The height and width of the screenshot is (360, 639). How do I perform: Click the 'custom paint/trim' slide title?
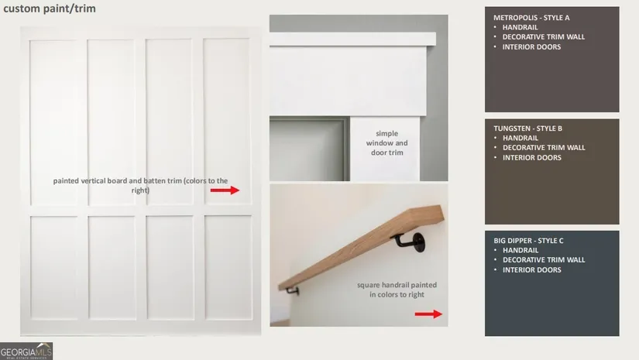coord(50,9)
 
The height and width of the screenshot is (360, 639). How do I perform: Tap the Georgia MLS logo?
coord(26,351)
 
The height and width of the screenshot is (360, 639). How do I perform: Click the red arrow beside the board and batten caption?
coord(225,190)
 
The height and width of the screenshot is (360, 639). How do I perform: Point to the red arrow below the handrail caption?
coord(428,314)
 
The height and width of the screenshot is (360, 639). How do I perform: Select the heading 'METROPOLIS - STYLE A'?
coord(531,18)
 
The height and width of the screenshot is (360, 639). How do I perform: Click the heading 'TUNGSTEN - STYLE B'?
coord(527,129)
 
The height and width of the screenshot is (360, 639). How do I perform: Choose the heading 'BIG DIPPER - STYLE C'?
coord(528,241)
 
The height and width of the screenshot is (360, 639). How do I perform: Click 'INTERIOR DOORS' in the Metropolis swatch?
coord(531,46)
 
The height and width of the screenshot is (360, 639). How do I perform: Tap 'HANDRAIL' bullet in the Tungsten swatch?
coord(520,138)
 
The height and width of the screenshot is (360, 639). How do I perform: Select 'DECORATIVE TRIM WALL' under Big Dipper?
coord(544,260)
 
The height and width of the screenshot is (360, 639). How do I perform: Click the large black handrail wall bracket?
coord(411,242)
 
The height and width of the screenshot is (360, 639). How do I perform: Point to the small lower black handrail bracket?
coord(293,291)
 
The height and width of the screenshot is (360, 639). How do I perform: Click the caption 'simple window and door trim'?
coord(386,143)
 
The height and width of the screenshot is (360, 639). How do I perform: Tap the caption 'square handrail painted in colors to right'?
coord(397,290)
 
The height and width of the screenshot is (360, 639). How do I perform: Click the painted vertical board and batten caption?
coord(140,185)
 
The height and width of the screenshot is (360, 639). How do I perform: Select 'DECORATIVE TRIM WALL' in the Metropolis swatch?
coord(543,36)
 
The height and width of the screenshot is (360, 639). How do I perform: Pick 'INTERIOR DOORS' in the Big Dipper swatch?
coord(531,269)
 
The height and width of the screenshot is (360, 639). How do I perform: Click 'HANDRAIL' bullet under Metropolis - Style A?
coord(520,27)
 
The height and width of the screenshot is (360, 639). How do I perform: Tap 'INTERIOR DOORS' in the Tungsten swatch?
coord(531,158)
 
